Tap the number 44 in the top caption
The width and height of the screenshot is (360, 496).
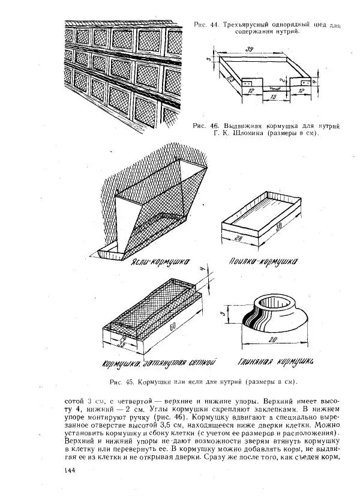[x=215, y=25]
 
